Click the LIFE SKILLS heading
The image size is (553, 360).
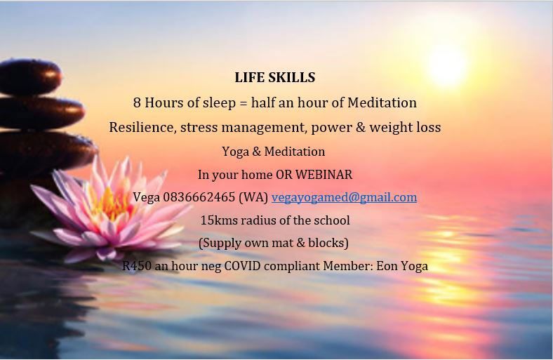pyautogui.click(x=275, y=77)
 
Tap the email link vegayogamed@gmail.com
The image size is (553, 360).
pyautogui.click(x=344, y=197)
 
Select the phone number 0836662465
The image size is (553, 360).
pyautogui.click(x=199, y=197)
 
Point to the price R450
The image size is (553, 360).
pyautogui.click(x=137, y=265)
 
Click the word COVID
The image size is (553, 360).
pyautogui.click(x=243, y=265)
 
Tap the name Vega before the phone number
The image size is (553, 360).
pyautogui.click(x=147, y=197)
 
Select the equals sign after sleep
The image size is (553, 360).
pyautogui.click(x=244, y=103)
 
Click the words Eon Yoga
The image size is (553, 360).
pyautogui.click(x=402, y=266)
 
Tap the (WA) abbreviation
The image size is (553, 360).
pyautogui.click(x=253, y=197)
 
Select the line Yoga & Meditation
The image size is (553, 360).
pyautogui.click(x=274, y=152)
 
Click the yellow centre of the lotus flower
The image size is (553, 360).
pyautogui.click(x=111, y=204)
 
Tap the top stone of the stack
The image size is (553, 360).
pyautogui.click(x=30, y=77)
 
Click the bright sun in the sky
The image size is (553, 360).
pyautogui.click(x=447, y=65)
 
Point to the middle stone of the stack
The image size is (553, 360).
pyautogui.click(x=41, y=113)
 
